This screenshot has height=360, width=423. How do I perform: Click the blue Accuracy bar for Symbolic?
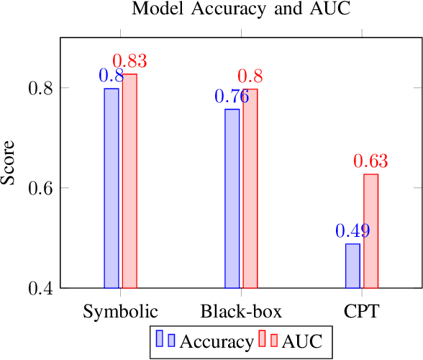click(112, 188)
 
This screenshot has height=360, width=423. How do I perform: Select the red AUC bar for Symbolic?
click(129, 181)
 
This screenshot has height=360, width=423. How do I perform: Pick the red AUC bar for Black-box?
click(250, 188)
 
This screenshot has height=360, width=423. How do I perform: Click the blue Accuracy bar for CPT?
click(352, 266)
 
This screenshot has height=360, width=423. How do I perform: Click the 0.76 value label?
click(232, 96)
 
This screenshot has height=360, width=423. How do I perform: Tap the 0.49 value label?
click(352, 231)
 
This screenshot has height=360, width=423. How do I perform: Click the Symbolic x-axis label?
click(120, 312)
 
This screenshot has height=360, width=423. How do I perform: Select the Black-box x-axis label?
click(241, 312)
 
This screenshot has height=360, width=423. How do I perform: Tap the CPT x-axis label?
click(361, 312)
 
